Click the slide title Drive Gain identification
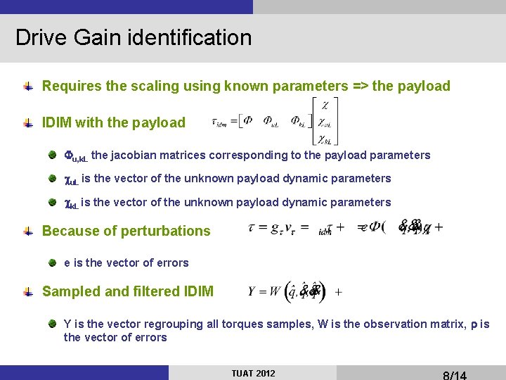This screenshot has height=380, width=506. pyautogui.click(x=134, y=37)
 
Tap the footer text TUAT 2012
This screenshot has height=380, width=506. pyautogui.click(x=253, y=373)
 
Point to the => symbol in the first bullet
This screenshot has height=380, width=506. pyautogui.click(x=358, y=86)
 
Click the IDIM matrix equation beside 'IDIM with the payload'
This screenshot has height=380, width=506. pyautogui.click(x=278, y=122)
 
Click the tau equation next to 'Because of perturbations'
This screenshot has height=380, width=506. pyautogui.click(x=344, y=228)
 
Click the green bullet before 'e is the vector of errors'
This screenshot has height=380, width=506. pyautogui.click(x=53, y=263)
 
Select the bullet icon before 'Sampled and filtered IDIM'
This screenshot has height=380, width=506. pyautogui.click(x=28, y=291)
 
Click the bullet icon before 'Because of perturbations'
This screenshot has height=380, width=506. pyautogui.click(x=28, y=231)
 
